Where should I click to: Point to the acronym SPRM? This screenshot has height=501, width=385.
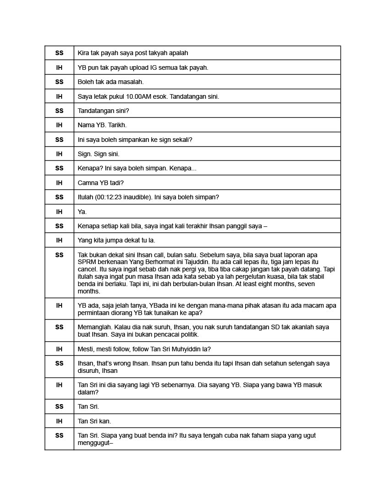click(86, 262)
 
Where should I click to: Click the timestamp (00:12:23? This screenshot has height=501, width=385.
click(110, 197)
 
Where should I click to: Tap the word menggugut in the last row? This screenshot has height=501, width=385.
click(94, 443)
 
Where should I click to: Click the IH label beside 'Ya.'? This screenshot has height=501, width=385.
click(59, 212)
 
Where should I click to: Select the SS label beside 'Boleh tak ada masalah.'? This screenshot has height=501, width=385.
click(59, 82)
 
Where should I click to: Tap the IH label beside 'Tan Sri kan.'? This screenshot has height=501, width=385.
click(59, 421)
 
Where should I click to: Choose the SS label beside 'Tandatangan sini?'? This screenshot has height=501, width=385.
click(59, 111)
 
